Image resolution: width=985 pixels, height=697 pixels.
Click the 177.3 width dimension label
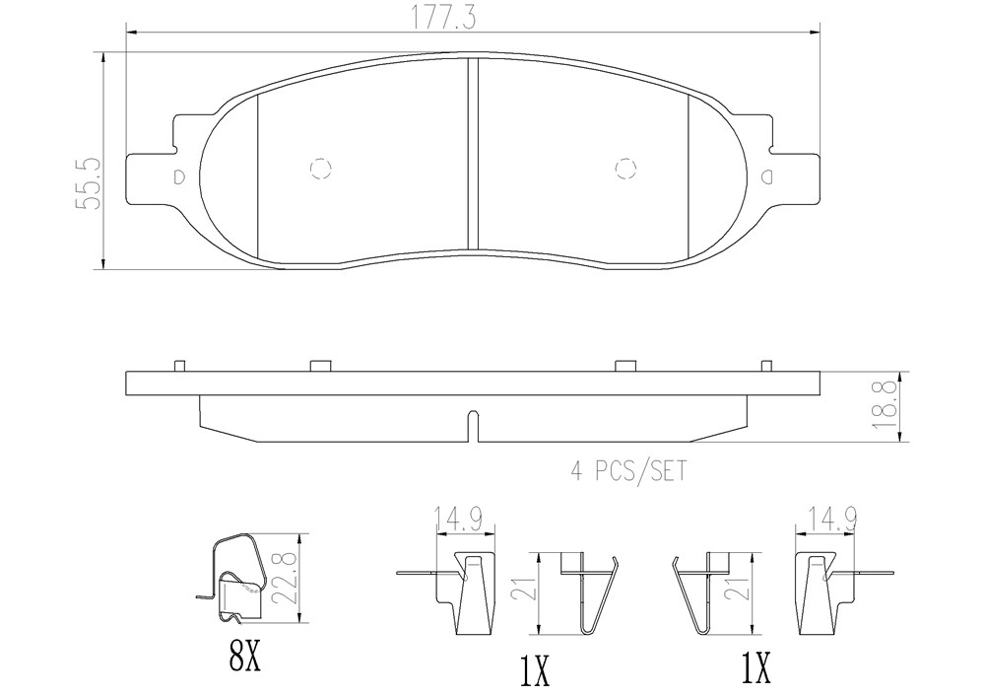tap(443, 18)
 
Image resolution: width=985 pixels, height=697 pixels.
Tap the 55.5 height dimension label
tap(87, 183)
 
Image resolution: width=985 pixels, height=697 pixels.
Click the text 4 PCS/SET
tap(628, 470)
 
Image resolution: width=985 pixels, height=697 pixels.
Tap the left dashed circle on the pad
tap(321, 169)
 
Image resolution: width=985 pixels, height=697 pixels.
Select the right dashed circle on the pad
tap(625, 169)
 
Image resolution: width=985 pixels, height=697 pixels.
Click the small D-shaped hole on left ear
tap(178, 176)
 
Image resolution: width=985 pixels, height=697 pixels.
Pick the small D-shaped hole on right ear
tap(767, 176)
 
